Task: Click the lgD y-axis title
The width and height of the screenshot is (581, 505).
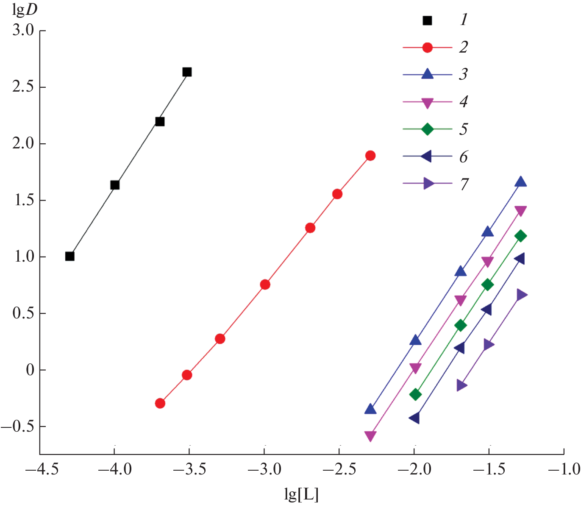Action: [25, 9]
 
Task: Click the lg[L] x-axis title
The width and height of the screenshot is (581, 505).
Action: [301, 494]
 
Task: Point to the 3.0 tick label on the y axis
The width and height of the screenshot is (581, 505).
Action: [23, 31]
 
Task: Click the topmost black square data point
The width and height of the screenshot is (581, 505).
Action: [187, 72]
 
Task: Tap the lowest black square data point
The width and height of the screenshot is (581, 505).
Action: [70, 256]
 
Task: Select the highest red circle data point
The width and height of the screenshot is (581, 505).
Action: [370, 156]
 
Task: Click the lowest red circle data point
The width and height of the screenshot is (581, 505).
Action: [160, 403]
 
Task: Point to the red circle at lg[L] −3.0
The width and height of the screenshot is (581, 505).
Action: [265, 285]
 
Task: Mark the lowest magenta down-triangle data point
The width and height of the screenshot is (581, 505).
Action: [370, 436]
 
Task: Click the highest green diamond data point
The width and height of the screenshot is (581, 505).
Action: [521, 236]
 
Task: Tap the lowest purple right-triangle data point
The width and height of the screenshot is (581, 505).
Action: [461, 385]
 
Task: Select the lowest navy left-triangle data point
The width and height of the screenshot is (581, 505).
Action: [414, 418]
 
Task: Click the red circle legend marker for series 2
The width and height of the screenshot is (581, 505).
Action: [428, 47]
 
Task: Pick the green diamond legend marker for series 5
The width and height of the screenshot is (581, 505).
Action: [428, 129]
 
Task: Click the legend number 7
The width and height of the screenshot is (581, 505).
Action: [464, 184]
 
